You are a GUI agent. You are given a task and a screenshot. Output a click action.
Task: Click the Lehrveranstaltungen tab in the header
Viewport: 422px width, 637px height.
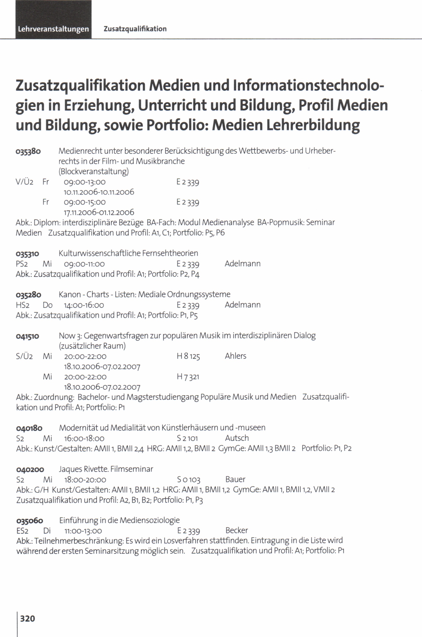coord(53,29)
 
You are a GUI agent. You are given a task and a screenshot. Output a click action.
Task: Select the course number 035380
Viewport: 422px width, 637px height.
coord(28,151)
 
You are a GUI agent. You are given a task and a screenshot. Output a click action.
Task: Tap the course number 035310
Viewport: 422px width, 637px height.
coord(28,254)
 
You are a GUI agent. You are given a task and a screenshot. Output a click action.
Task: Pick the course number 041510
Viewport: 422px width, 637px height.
coord(28,336)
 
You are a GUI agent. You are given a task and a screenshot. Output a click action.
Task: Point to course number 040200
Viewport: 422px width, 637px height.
coord(30,470)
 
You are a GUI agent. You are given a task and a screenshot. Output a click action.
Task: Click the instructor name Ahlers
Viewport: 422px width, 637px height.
coord(236,356)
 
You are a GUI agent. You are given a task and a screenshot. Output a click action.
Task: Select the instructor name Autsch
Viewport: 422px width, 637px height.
coord(237,438)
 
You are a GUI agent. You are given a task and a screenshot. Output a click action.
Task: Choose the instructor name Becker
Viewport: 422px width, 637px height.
coord(237,530)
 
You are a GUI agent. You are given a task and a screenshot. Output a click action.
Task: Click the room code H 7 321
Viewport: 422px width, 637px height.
coord(188,377)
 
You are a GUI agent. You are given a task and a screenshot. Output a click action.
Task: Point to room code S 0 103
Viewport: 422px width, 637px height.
coord(189,480)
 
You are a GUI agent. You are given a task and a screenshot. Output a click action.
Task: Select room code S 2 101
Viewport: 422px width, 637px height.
coord(187,438)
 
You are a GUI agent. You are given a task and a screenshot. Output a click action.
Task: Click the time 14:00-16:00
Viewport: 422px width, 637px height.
coord(84,305)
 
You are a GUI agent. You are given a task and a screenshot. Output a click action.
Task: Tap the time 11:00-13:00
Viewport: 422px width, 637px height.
coord(83,531)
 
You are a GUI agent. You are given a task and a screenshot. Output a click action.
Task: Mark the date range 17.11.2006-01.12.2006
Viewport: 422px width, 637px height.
coord(99,213)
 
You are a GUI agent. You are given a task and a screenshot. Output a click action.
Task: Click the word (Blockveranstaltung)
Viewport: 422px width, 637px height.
coord(94,171)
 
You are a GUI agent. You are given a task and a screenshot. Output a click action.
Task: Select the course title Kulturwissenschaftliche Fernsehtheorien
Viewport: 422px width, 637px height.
coord(128,253)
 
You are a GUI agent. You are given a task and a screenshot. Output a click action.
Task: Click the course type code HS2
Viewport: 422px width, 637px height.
coord(23,305)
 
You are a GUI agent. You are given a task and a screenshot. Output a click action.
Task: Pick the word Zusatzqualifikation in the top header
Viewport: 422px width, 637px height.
coord(135,29)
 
